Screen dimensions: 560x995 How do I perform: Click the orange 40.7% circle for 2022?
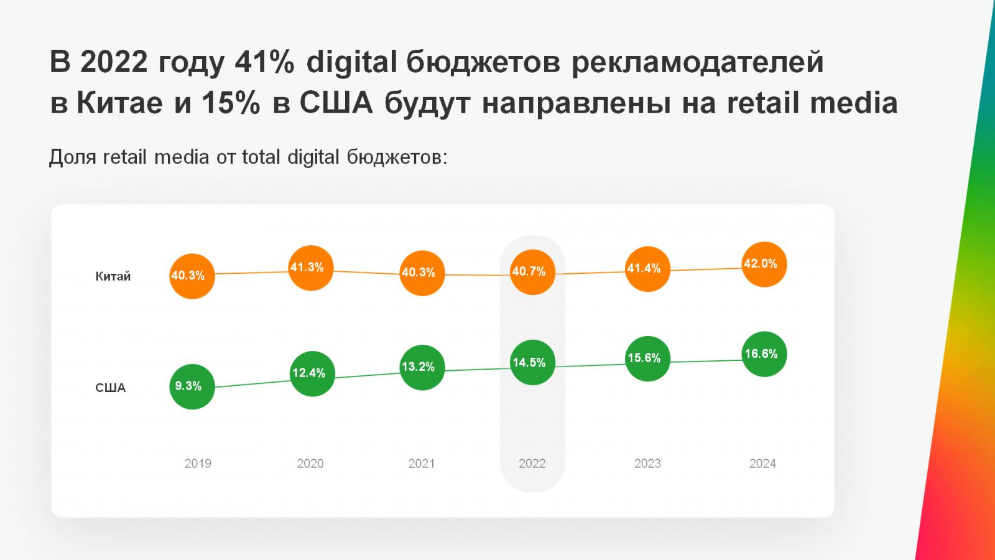[x=532, y=272]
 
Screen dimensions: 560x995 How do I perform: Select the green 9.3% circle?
[x=192, y=386]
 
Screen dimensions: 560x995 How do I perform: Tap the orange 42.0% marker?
[x=764, y=264]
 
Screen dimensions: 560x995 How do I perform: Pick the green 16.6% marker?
[x=764, y=354]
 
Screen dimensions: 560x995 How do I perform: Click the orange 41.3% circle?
[x=310, y=268]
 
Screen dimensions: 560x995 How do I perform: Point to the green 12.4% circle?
[x=312, y=373]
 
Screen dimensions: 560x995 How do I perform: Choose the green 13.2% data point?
[x=422, y=367]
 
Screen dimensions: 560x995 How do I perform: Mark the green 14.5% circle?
[x=532, y=363]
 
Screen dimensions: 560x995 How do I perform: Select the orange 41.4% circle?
[x=647, y=269]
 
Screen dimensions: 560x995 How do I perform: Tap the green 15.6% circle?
[x=647, y=358]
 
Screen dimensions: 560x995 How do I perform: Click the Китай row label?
[x=113, y=276]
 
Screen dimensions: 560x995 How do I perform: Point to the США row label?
[x=110, y=388]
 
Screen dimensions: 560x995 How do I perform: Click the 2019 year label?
[x=198, y=464]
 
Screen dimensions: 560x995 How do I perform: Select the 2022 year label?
[x=532, y=464]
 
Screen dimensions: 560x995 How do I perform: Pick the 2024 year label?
[x=762, y=464]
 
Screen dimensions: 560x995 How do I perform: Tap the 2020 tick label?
[x=310, y=464]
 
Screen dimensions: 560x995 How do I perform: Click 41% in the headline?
[x=264, y=62]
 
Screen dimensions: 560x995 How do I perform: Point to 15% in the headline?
[x=231, y=103]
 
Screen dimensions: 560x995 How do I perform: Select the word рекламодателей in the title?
[x=697, y=62]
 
